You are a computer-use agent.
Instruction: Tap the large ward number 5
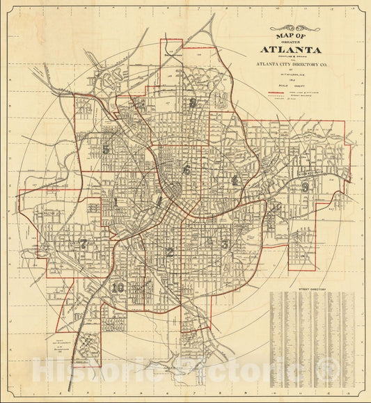[106, 149]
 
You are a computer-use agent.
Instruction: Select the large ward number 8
[192, 103]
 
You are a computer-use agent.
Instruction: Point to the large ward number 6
[186, 169]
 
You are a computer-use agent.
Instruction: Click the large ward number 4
[235, 181]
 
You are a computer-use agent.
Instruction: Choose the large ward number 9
[305, 187]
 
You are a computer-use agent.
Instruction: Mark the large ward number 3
[224, 244]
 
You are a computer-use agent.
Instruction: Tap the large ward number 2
[170, 252]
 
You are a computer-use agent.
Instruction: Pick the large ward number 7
[84, 244]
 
